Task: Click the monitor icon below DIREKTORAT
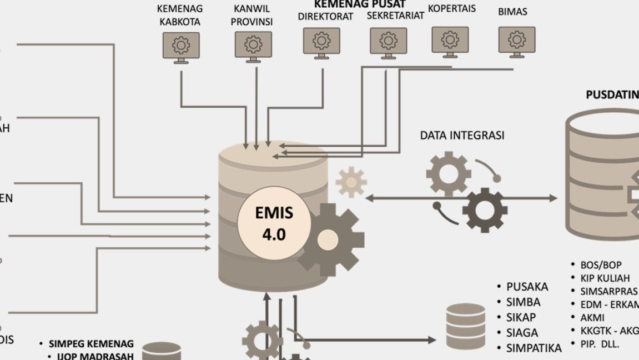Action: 321,42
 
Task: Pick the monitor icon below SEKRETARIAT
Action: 389,42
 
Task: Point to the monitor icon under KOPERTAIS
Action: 450,41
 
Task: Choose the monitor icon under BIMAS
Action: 517,41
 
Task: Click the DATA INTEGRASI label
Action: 462,135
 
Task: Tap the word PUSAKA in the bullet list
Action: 527,287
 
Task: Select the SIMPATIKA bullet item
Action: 534,348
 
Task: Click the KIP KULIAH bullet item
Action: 605,278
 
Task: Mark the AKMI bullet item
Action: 592,318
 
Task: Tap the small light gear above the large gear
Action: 351,182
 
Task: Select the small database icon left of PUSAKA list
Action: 466,326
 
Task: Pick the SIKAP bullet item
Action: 521,318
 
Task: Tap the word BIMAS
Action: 512,11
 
